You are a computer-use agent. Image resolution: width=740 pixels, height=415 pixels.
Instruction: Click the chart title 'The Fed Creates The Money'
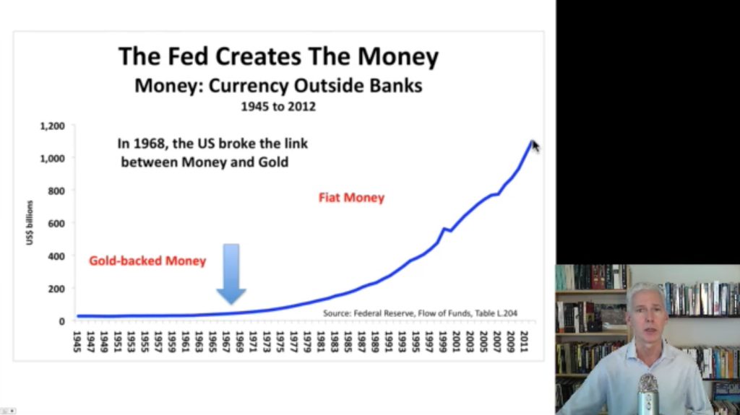(278, 56)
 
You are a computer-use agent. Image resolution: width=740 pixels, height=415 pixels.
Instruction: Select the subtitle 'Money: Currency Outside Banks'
(278, 86)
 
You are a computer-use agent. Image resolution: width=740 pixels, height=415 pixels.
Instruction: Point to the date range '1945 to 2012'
(278, 107)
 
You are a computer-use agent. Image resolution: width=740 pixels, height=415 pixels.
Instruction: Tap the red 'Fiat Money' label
(352, 198)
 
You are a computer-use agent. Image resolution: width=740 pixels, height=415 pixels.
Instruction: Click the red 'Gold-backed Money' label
(147, 261)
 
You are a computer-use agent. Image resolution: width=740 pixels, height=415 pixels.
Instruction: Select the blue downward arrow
(231, 274)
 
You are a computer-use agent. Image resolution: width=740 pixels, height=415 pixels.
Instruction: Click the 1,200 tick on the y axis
(52, 126)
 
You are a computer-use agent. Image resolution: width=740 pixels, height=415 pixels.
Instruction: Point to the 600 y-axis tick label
(56, 224)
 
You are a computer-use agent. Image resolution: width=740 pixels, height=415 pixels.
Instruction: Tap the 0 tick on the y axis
(62, 322)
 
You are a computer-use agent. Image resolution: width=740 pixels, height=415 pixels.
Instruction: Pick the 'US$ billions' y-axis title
(30, 222)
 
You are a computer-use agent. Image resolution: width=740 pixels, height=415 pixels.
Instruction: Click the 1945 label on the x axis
(77, 341)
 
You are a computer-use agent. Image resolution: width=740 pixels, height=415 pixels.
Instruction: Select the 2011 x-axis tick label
(524, 341)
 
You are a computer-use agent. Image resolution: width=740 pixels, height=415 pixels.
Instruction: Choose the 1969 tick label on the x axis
(239, 341)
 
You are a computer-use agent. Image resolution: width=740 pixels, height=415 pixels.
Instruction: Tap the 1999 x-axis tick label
(443, 341)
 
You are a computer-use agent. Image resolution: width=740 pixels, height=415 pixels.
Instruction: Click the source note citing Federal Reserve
(420, 313)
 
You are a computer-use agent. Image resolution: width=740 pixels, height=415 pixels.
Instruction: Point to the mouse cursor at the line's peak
(535, 147)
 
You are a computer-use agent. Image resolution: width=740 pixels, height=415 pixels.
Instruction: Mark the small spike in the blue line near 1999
(444, 230)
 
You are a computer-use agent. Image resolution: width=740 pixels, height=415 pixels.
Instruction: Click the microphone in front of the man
(648, 394)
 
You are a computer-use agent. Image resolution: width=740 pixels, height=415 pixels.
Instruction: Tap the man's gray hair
(645, 292)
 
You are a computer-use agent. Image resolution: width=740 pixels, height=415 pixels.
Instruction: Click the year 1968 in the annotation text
(148, 144)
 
